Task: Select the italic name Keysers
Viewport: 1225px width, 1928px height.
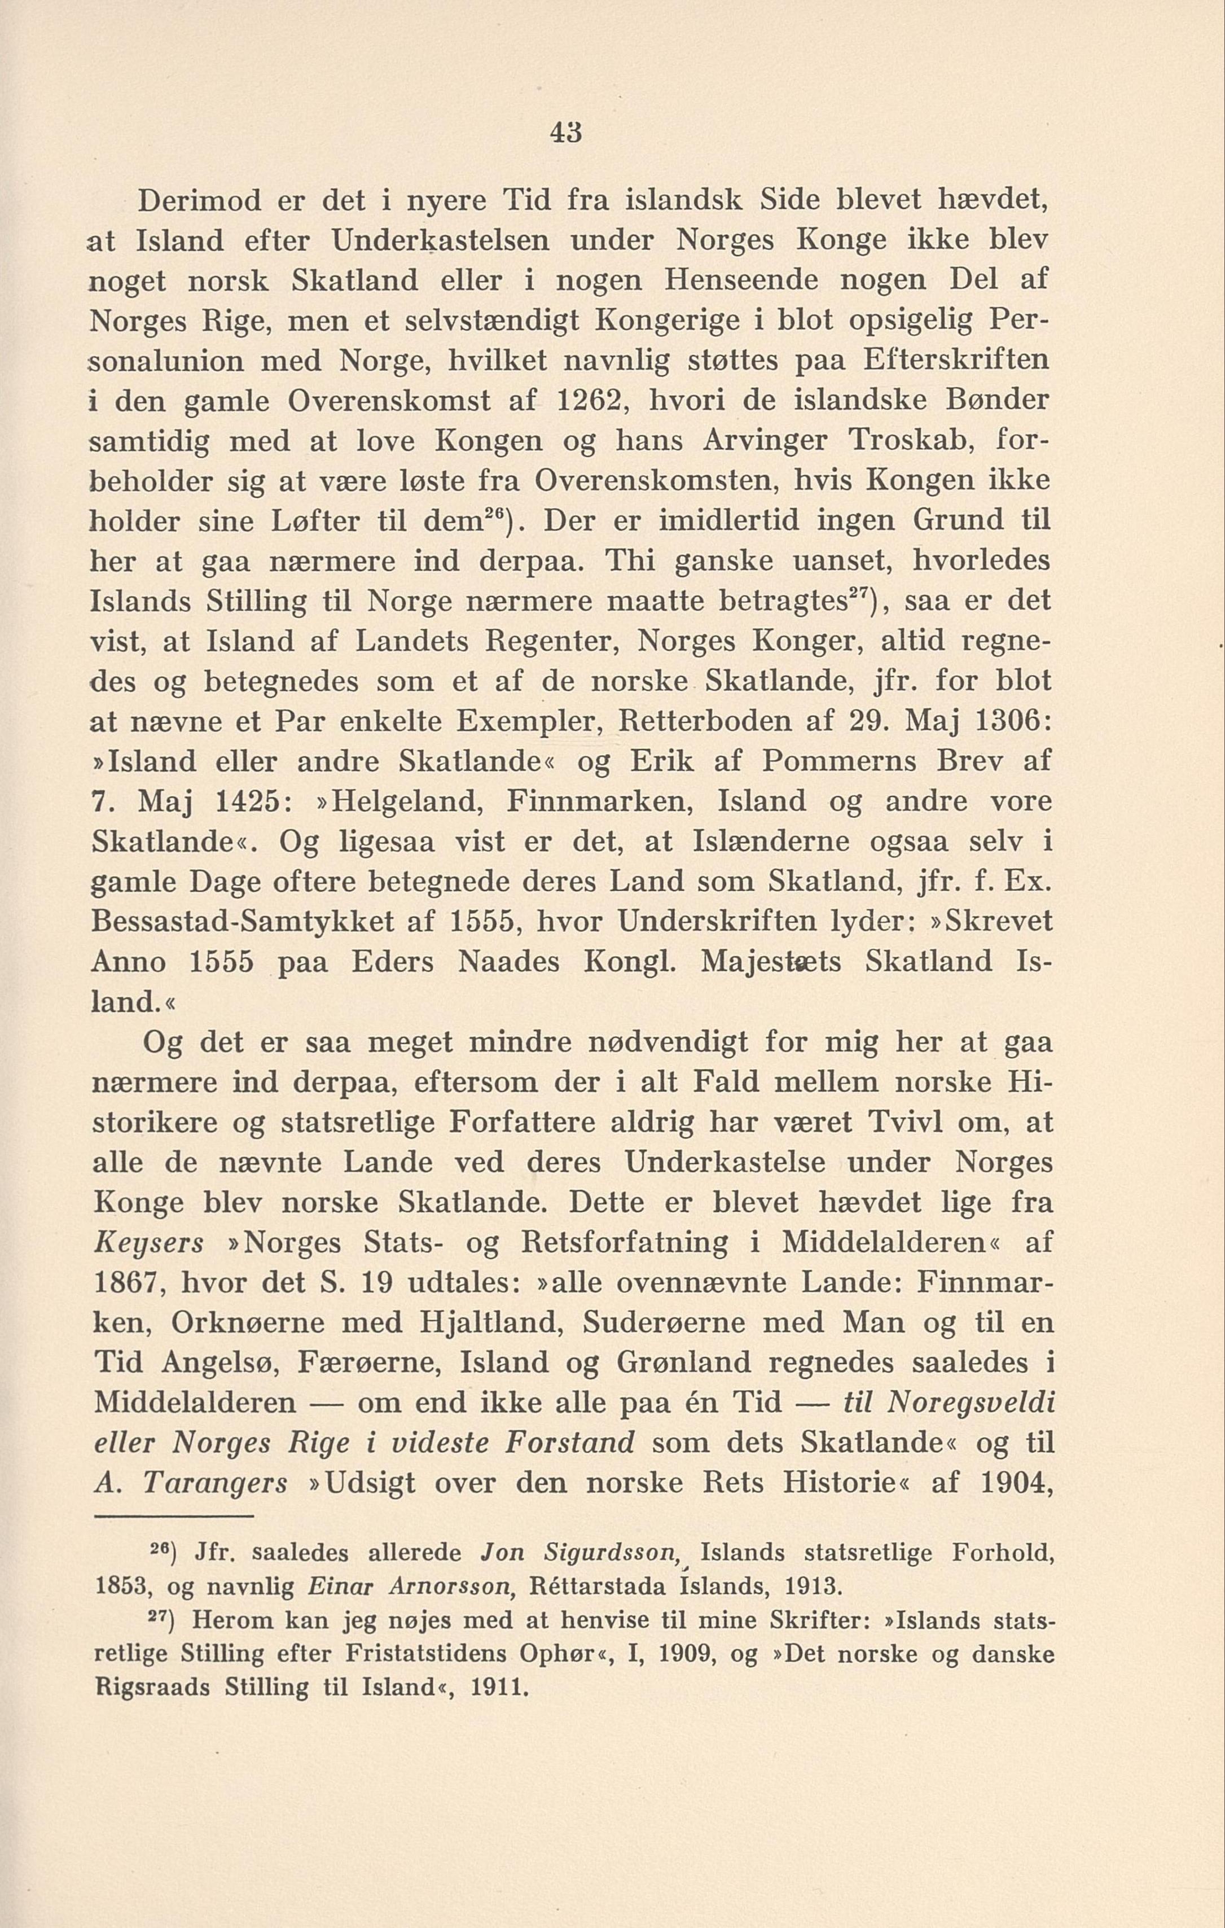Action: click(x=149, y=1243)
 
